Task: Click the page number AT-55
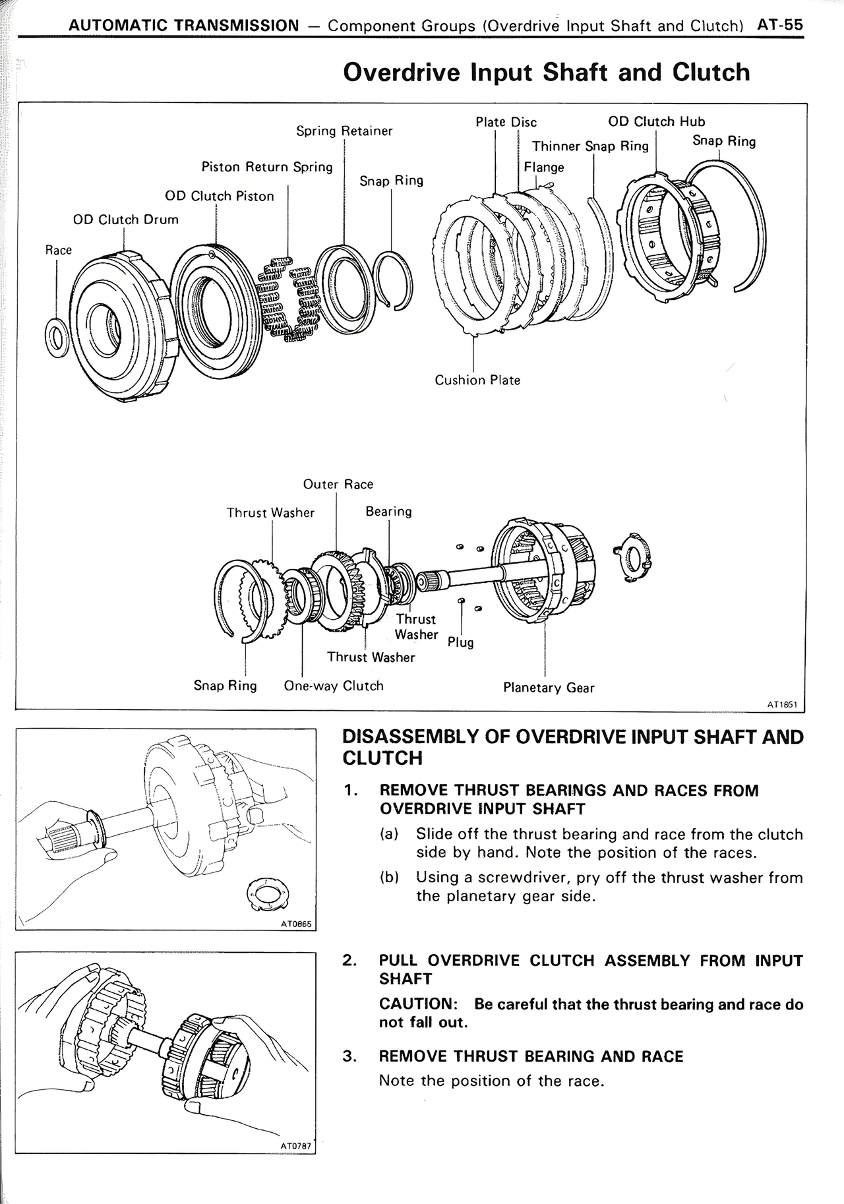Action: [780, 25]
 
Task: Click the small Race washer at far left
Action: [58, 338]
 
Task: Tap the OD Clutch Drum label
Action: [125, 220]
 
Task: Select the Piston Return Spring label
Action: [267, 167]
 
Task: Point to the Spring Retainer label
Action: [344, 131]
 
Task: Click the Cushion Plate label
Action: [477, 380]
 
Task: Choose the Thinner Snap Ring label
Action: [590, 146]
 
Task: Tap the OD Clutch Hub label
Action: [656, 121]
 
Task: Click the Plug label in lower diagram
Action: [460, 642]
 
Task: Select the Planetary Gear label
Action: [549, 688]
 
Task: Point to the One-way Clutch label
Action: [334, 686]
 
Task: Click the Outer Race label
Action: [338, 484]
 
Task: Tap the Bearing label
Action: [388, 512]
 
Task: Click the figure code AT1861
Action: [783, 704]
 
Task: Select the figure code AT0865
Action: [295, 924]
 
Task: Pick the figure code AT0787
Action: [295, 1146]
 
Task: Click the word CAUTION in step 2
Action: [418, 1004]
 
